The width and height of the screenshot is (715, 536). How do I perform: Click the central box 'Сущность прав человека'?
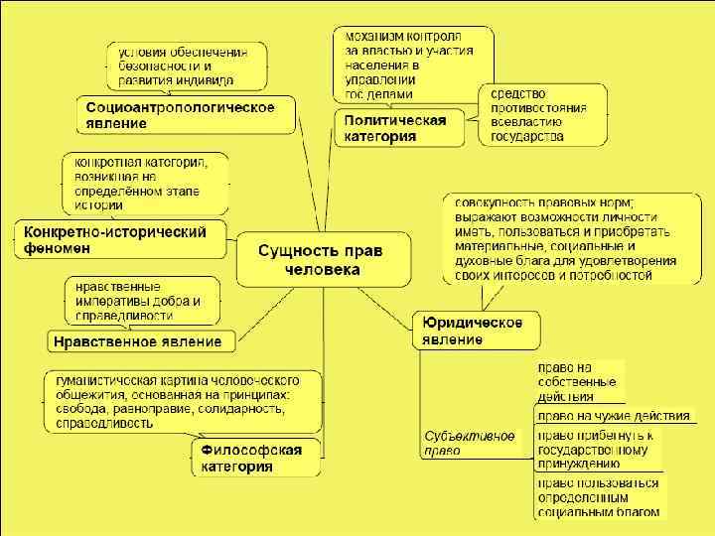click(x=323, y=258)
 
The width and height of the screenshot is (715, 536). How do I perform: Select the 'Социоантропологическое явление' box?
click(x=187, y=114)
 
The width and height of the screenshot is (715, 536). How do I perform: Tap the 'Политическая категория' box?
click(x=397, y=128)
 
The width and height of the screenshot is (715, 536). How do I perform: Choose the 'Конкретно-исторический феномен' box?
click(x=117, y=239)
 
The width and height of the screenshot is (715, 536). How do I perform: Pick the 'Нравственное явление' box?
click(x=142, y=341)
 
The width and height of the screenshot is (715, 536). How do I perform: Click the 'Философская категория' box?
click(x=253, y=458)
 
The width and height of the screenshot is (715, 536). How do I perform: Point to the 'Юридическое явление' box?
click(x=476, y=330)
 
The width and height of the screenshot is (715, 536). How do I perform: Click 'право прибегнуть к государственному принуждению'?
click(x=594, y=449)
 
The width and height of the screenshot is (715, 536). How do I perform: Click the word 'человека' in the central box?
click(x=322, y=269)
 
